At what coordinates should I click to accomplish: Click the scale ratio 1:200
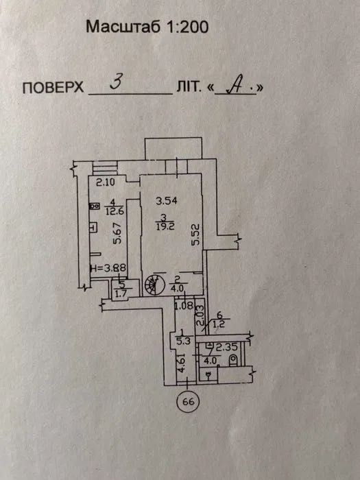188,27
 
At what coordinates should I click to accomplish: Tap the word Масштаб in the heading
123,27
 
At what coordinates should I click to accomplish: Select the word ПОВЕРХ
53,88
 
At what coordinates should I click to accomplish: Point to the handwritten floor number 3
116,82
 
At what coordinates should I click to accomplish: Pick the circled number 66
188,402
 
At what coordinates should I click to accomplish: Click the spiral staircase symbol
154,285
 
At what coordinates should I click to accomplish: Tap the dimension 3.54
166,201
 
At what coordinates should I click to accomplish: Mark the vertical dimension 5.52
195,235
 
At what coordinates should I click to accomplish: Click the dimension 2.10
105,182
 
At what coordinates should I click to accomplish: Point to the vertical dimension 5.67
117,233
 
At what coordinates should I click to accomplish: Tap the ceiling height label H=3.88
108,268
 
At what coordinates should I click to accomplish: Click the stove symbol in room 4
94,206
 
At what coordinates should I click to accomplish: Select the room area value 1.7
121,296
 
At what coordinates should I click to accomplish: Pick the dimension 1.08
184,305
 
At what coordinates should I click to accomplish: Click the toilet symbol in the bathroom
233,360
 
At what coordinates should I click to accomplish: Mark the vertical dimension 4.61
182,363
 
